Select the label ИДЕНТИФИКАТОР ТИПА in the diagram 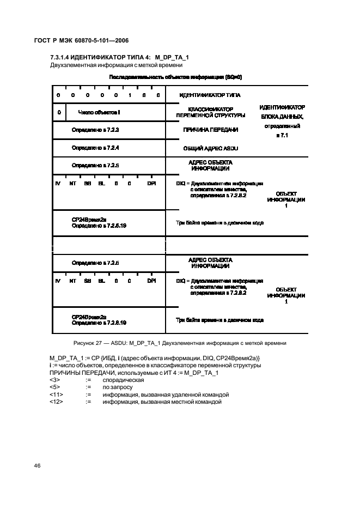tap(210, 95)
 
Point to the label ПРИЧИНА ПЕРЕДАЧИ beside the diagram tap(211, 130)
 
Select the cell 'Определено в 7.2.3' tap(95, 130)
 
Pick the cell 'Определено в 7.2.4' tap(95, 148)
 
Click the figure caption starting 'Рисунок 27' tap(179, 343)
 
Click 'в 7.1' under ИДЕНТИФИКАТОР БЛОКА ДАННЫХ tap(282, 135)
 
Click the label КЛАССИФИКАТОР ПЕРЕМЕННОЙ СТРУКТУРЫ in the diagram tap(211, 112)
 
